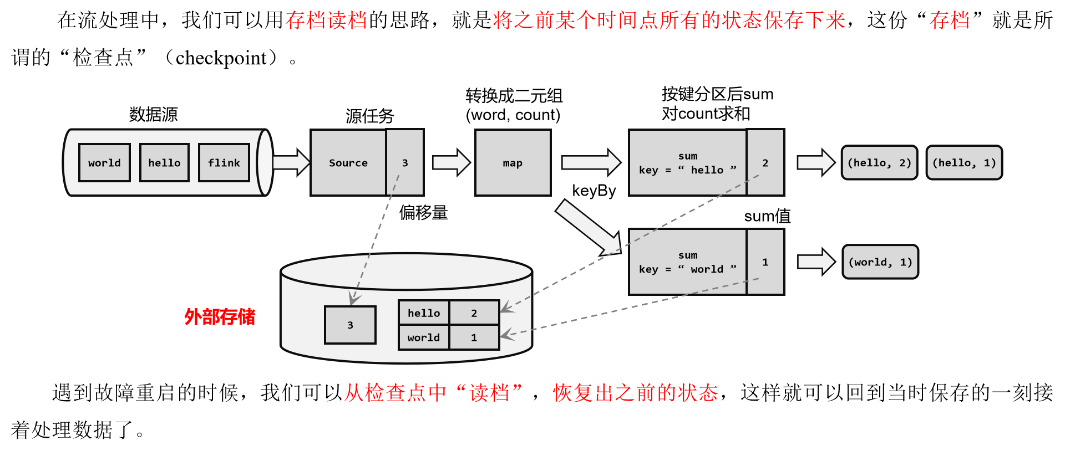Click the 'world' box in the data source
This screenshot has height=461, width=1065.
click(x=104, y=163)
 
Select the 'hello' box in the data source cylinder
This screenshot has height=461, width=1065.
click(x=164, y=163)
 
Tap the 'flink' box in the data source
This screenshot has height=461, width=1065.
click(x=224, y=163)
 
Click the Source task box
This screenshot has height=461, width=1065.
click(x=348, y=163)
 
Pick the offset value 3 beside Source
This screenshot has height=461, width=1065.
click(x=405, y=163)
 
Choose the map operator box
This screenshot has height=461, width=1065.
click(x=513, y=163)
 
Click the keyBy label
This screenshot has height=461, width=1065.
click(x=594, y=191)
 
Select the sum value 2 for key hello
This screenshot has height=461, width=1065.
click(x=765, y=163)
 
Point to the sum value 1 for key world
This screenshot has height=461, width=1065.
click(x=765, y=262)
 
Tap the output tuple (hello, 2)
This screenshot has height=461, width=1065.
click(x=880, y=163)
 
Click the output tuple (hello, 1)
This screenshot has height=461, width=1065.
click(x=965, y=163)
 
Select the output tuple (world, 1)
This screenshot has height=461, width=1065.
click(x=880, y=262)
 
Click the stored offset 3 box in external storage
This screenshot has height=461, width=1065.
click(x=350, y=325)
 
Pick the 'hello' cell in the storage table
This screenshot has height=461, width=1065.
click(x=424, y=313)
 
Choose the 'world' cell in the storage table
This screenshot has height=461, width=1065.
click(x=424, y=337)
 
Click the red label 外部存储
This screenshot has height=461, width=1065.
click(x=220, y=317)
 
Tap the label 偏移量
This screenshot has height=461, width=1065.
click(x=423, y=213)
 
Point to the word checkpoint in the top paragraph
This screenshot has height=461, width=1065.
click(x=221, y=58)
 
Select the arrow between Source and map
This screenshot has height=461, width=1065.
click(x=451, y=163)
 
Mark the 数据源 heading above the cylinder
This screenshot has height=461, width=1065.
click(x=153, y=115)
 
